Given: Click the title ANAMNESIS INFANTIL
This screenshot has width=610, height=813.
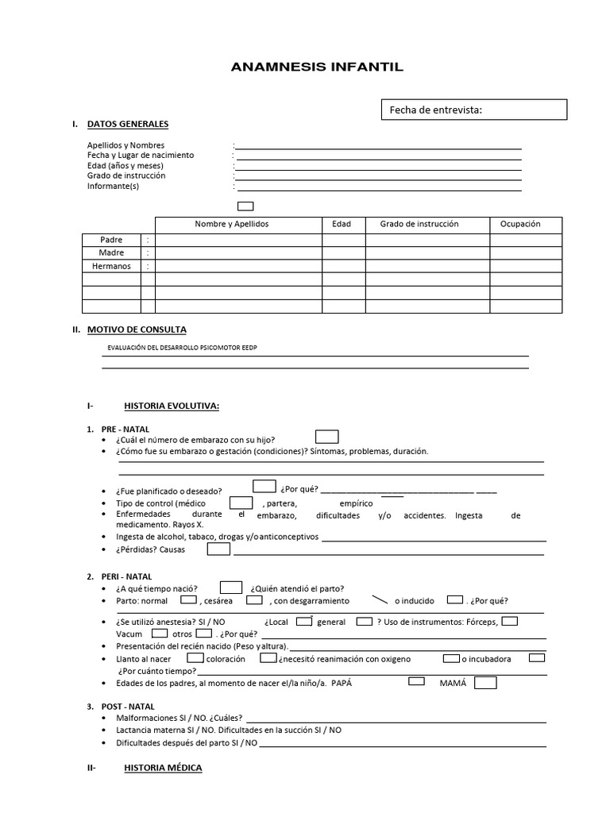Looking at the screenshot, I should [x=317, y=67].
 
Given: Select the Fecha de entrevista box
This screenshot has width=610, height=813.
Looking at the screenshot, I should [x=474, y=110].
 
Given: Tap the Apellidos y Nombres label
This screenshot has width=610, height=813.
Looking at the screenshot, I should [x=125, y=145].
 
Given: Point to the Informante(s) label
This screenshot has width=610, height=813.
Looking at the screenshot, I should [x=113, y=186].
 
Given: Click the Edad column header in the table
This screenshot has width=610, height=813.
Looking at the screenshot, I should [x=342, y=224].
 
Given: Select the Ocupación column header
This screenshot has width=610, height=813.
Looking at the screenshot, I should [x=519, y=224].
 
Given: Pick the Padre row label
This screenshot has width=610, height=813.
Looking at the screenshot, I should [x=111, y=240].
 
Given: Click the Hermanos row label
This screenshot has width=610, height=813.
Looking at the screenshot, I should [x=111, y=267].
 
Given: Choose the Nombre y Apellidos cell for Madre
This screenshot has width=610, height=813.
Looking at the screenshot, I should [x=238, y=253].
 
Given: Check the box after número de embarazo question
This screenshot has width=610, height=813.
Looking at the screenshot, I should [x=326, y=437].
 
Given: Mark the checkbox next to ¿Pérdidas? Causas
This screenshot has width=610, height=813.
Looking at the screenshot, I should [x=219, y=549].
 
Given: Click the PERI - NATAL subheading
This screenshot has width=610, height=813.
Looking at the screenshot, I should [x=126, y=576].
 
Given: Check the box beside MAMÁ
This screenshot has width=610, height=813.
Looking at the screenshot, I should [x=485, y=683].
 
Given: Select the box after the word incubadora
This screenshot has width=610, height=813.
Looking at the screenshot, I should [x=537, y=657].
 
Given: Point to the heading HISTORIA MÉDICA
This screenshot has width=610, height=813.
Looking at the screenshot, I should [x=163, y=768].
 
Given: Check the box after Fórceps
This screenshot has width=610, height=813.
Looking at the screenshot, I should [x=511, y=621].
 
